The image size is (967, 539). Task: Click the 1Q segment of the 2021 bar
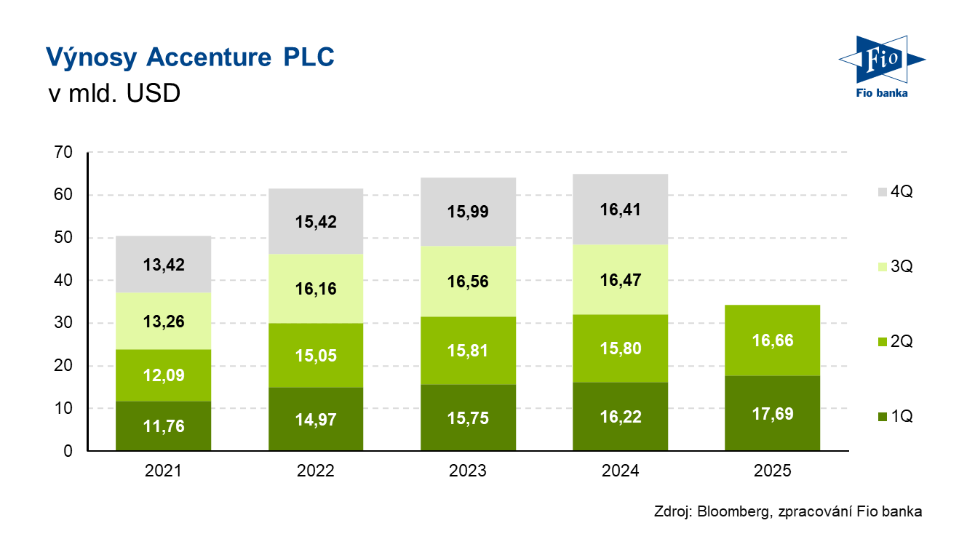[163, 426]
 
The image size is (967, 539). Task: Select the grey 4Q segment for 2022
[316, 221]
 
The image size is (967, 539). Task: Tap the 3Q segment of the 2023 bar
[468, 282]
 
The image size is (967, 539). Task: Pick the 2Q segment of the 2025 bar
[773, 340]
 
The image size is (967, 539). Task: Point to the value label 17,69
[773, 415]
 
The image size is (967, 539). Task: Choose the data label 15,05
[316, 356]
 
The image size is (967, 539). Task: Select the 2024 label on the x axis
[621, 471]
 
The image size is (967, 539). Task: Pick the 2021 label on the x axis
[163, 471]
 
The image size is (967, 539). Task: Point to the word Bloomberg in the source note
[733, 511]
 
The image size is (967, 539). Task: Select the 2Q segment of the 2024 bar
[621, 348]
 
